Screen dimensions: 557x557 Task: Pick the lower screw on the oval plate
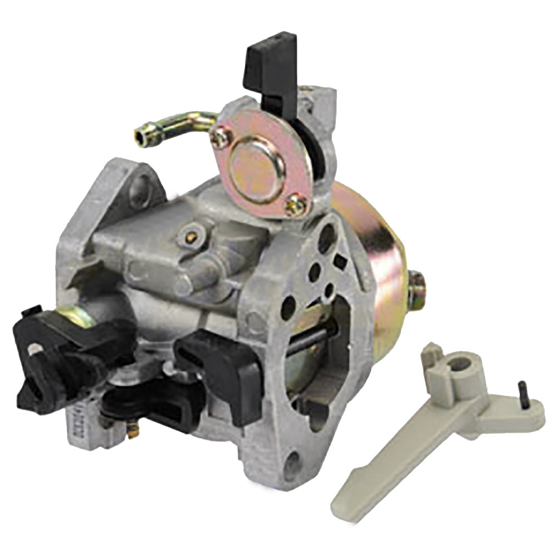click(295, 207)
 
